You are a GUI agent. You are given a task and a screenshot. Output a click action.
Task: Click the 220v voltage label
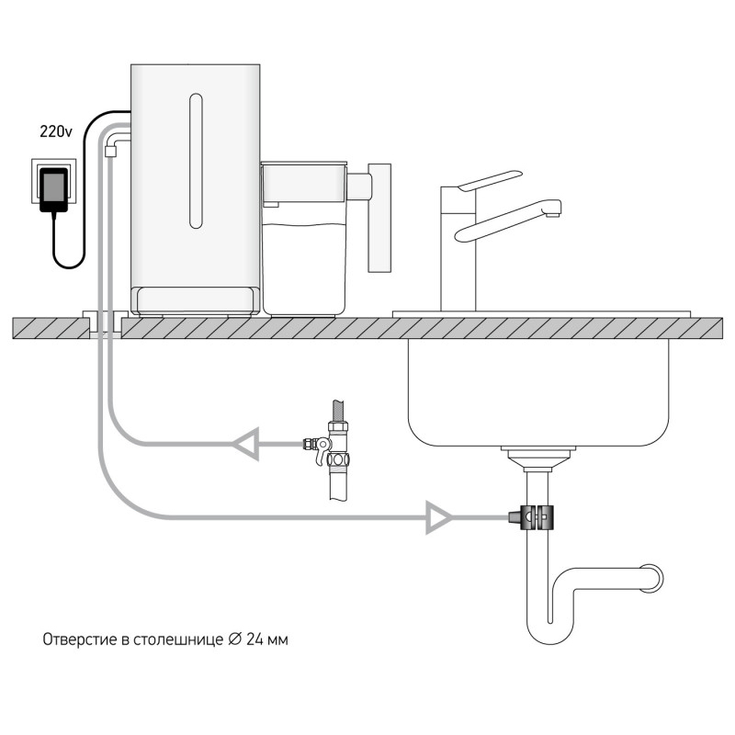coord(56,131)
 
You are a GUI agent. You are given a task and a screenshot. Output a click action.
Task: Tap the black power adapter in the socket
coord(54,190)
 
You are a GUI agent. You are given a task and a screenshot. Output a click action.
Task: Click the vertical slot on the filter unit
coord(196,161)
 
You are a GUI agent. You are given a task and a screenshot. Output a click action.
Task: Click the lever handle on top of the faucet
coord(490,180)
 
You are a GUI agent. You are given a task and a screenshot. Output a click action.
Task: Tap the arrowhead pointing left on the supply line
coord(246,444)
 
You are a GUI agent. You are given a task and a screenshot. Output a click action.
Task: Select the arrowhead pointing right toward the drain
coord(439,517)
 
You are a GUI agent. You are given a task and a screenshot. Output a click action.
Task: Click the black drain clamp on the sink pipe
coord(532,517)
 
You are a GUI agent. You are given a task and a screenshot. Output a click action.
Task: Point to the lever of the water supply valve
coord(322,451)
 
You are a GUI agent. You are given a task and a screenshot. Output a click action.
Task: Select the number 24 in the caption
coord(254,639)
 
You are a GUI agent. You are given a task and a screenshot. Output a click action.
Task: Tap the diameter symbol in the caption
coord(235,639)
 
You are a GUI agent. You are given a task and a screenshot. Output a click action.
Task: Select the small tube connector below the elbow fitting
coord(110,151)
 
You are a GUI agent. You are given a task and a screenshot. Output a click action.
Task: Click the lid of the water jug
coord(304,164)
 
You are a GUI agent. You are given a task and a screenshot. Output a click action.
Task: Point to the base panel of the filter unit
coord(195,300)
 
